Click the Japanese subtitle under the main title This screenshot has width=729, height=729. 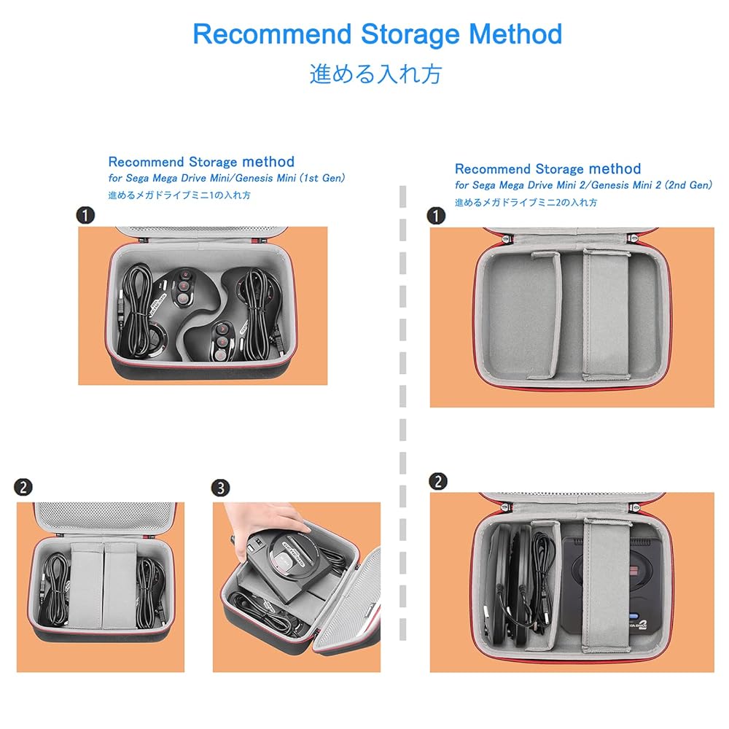coord(375,74)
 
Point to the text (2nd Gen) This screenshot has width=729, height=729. coord(687,185)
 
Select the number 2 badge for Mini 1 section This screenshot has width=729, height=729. coord(24,488)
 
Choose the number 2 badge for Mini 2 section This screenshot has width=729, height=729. coord(438,481)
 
